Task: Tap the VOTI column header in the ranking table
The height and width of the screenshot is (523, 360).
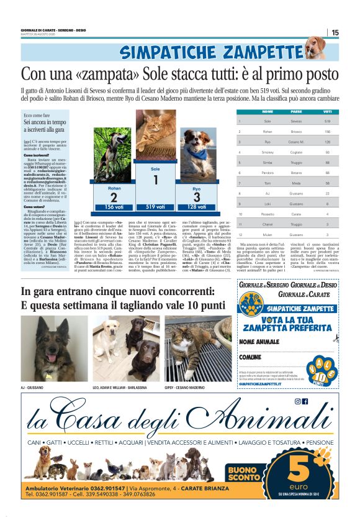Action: click(x=327, y=112)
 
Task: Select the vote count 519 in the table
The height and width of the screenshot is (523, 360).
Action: click(x=327, y=121)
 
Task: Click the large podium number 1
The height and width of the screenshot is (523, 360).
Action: click(x=155, y=181)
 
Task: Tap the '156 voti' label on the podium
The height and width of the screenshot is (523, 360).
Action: click(x=114, y=207)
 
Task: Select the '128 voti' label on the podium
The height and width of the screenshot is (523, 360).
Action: click(x=196, y=207)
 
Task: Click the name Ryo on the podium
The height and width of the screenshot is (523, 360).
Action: click(x=196, y=188)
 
